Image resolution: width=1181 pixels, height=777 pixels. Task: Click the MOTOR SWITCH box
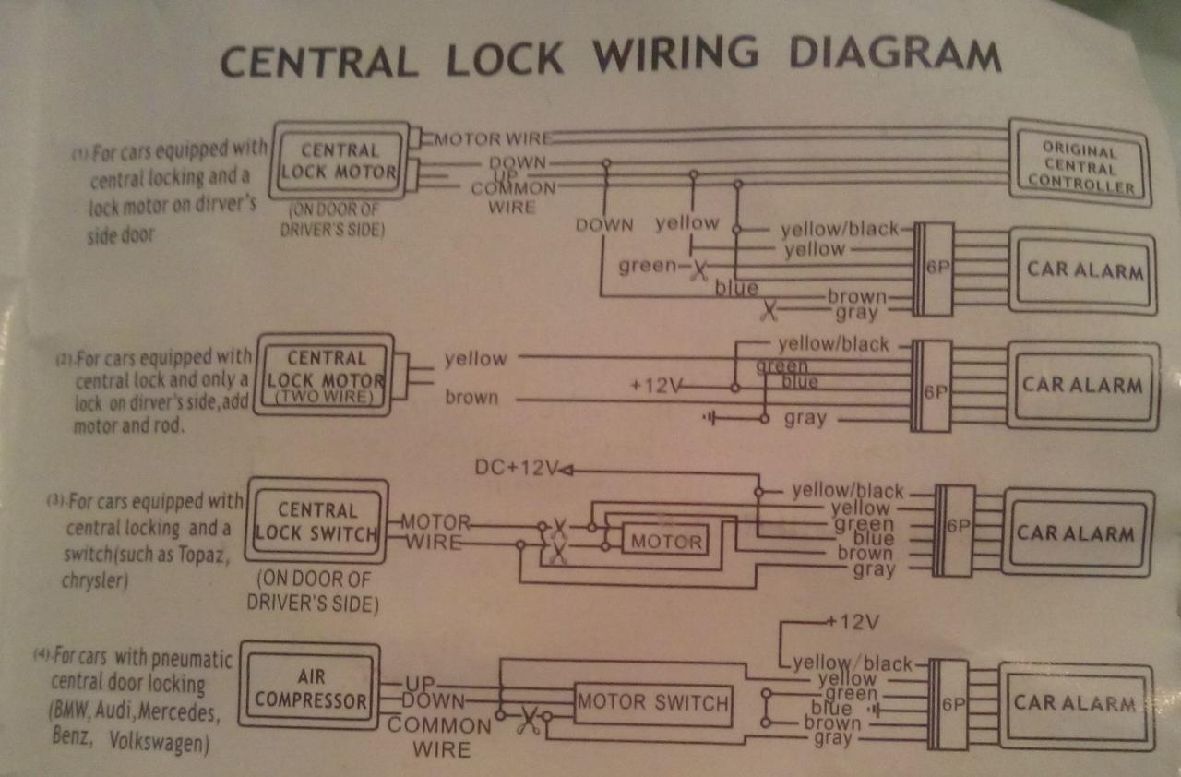tap(653, 704)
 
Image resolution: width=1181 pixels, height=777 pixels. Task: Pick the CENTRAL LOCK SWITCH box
tap(316, 521)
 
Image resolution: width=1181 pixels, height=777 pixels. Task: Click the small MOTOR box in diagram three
tap(666, 543)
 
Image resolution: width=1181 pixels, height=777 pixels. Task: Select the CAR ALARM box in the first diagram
tap(1084, 271)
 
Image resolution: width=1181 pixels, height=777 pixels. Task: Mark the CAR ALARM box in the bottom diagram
tap(1074, 702)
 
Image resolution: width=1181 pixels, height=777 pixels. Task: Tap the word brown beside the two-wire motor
tap(471, 398)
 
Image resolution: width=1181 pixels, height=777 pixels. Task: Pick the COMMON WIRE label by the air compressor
tap(439, 735)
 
